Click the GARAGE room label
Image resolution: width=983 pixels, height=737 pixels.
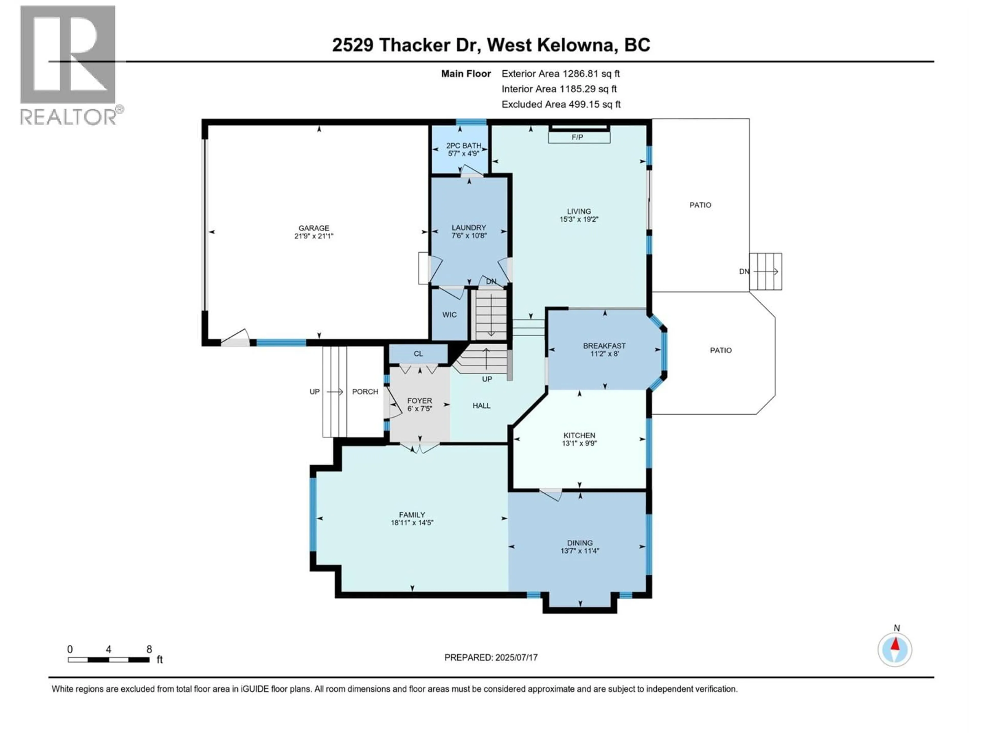tap(314, 228)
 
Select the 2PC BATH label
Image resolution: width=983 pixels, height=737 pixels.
tap(464, 146)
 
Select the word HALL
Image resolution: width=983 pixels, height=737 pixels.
tap(481, 406)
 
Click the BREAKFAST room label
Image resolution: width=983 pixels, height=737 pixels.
tap(604, 346)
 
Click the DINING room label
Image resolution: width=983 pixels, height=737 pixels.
tap(580, 543)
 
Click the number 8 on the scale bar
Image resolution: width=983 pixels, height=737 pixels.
tap(149, 649)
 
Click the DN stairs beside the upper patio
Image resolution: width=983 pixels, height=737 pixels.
tap(765, 272)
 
